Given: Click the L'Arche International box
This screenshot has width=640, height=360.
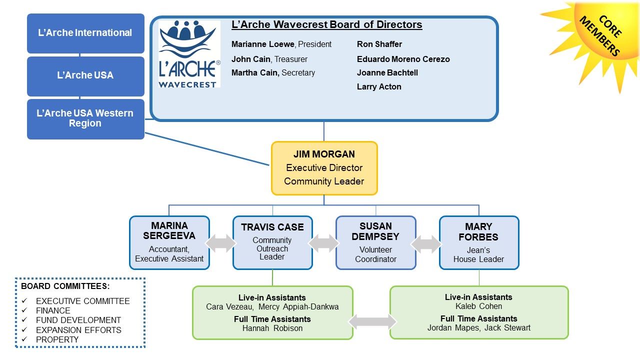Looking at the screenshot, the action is tap(85, 33).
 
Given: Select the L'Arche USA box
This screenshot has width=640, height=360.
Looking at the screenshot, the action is tap(85, 76).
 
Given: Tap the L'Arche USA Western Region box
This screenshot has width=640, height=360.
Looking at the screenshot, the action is tap(85, 119).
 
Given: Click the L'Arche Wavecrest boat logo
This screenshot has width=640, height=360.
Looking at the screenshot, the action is tap(189, 53).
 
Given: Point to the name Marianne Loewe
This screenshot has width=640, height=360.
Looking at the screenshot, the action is tap(262, 44).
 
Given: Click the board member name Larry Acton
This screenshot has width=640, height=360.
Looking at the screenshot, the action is tap(379, 86).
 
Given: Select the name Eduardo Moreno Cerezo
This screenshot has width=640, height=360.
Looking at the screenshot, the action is tap(403, 59).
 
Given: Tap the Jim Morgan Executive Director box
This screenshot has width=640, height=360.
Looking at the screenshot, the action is tap(324, 168).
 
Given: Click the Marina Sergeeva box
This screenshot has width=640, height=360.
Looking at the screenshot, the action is tap(169, 242).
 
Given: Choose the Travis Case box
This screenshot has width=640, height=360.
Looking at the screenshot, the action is tap(272, 242).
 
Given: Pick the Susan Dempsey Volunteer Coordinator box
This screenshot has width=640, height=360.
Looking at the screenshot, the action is tap(375, 242).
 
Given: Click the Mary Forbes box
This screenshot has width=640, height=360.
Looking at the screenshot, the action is tap(479, 242).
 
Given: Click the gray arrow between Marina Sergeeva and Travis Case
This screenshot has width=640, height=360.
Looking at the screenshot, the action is tap(221, 243).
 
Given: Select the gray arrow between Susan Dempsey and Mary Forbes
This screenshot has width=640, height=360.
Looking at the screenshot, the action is tap(426, 244).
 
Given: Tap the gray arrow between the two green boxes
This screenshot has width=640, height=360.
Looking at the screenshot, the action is tap(372, 321).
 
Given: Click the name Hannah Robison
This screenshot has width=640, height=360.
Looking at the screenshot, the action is tap(272, 328).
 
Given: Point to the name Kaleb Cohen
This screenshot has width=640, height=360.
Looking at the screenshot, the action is tap(478, 306).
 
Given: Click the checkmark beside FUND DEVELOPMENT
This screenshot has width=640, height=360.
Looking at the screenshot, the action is tap(24, 319).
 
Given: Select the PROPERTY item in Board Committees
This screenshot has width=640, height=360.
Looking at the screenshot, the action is tap(57, 339).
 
